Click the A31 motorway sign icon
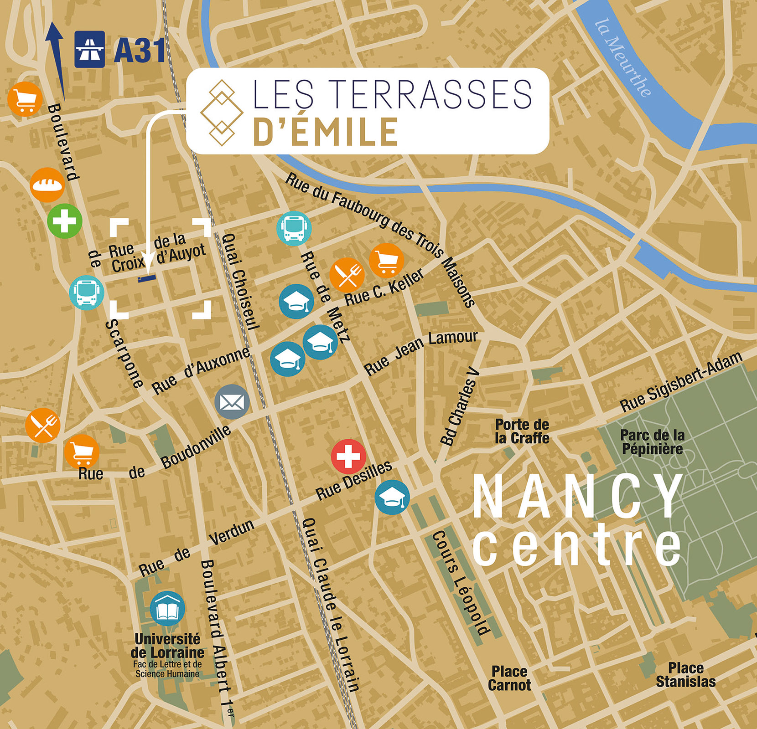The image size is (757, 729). click(89, 49)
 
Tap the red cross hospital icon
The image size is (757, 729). click(348, 457)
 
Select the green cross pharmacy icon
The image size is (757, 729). click(65, 221)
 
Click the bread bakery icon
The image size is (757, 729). click(47, 185)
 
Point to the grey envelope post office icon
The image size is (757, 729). click(232, 402)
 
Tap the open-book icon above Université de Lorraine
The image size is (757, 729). click(167, 609)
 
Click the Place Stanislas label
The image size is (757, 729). click(685, 675)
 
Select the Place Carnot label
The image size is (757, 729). click(509, 678)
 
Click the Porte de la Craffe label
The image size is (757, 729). click(522, 431)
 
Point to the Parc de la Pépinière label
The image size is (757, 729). click(652, 442)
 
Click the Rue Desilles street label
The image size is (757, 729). click(354, 480)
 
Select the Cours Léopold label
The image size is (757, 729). click(461, 583)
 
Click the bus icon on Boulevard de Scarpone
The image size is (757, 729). click(87, 293)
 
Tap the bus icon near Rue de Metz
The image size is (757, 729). click(294, 229)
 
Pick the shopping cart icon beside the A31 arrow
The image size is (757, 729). click(25, 99)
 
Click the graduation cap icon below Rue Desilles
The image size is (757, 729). click(392, 498)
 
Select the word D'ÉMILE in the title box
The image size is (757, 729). click(325, 132)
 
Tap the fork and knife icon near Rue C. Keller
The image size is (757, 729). click(347, 275)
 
